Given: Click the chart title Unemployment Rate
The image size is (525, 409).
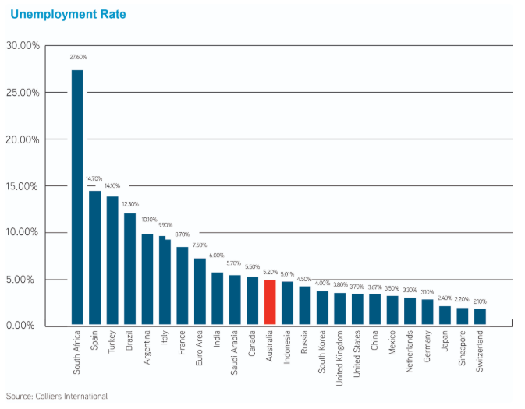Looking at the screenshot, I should pyautogui.click(x=68, y=14).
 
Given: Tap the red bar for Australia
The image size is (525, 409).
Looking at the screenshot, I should pyautogui.click(x=270, y=301).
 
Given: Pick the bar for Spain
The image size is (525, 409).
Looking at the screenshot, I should pyautogui.click(x=94, y=257).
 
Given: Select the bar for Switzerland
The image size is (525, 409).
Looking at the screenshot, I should pyautogui.click(x=480, y=316).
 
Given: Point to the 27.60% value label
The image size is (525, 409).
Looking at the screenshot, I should pyautogui.click(x=78, y=57).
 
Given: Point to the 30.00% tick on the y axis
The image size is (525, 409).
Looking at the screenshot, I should pyautogui.click(x=23, y=45).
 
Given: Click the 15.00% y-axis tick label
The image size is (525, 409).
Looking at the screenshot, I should pyautogui.click(x=23, y=186).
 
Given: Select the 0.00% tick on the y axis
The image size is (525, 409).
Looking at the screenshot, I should pyautogui.click(x=25, y=325).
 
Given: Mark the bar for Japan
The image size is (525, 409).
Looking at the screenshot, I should pyautogui.click(x=445, y=315).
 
